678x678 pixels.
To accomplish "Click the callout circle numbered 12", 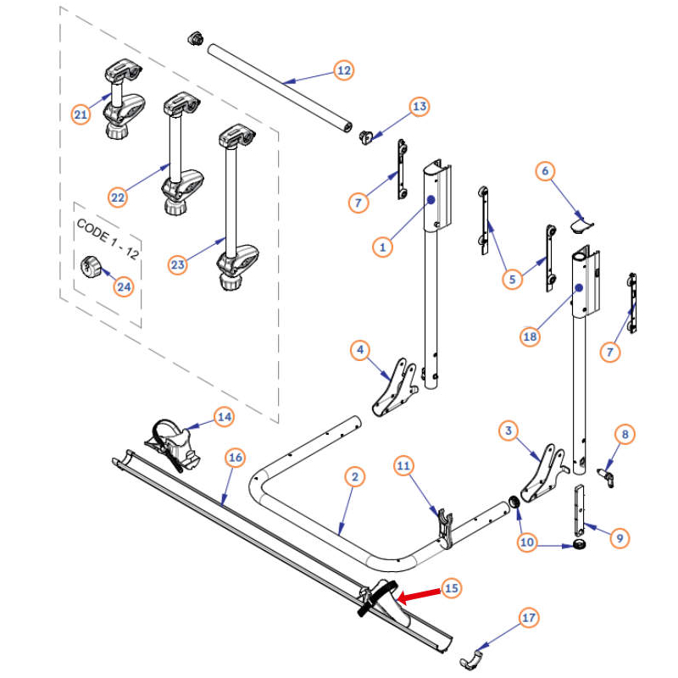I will click(x=343, y=70).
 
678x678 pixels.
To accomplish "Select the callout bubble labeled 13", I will click(x=420, y=107).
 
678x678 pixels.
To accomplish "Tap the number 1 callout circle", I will click(x=383, y=247).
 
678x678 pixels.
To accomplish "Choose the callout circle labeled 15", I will click(x=451, y=587).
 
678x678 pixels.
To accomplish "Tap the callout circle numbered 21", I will click(x=81, y=114).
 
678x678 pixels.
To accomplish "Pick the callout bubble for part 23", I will click(x=177, y=265).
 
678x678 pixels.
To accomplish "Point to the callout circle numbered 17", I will click(x=530, y=619).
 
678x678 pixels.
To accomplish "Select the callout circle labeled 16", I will click(x=236, y=458).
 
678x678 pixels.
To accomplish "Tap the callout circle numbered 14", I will click(x=224, y=416).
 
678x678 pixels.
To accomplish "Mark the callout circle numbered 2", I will click(x=355, y=478).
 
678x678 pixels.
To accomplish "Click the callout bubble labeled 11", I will click(x=403, y=465).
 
